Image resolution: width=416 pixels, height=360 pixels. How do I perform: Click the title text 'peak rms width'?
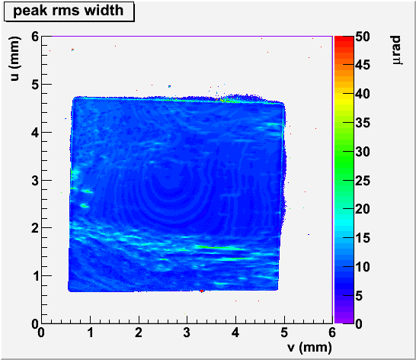pyautogui.click(x=68, y=11)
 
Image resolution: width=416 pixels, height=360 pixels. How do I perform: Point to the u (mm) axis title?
pyautogui.click(x=15, y=59)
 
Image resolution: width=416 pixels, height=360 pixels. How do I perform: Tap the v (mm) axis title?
pyautogui.click(x=309, y=347)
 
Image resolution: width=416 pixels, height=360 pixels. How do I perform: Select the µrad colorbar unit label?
pyautogui.click(x=397, y=50)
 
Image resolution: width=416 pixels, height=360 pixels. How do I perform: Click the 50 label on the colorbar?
pyautogui.click(x=363, y=37)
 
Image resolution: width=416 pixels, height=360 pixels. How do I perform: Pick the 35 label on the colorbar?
pyautogui.click(x=363, y=123)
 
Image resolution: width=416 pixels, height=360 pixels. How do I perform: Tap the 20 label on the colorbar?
pyautogui.click(x=363, y=209)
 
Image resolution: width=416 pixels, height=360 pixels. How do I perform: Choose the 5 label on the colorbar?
pyautogui.click(x=359, y=295)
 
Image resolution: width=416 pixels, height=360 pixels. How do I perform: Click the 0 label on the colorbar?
pyautogui.click(x=359, y=324)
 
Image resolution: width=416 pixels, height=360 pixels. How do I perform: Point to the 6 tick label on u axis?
pyautogui.click(x=35, y=37)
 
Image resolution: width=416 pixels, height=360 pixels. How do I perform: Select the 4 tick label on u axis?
pyautogui.click(x=35, y=132)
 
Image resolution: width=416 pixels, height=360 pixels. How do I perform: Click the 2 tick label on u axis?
pyautogui.click(x=35, y=228)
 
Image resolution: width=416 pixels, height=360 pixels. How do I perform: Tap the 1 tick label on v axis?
pyautogui.click(x=91, y=333)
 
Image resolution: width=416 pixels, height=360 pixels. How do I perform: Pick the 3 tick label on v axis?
pyautogui.click(x=187, y=333)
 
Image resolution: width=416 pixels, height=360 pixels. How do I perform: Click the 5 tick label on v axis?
pyautogui.click(x=284, y=333)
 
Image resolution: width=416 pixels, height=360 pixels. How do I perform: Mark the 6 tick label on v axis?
pyautogui.click(x=332, y=333)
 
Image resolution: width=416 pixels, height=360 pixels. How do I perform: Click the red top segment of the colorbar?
pyautogui.click(x=344, y=39)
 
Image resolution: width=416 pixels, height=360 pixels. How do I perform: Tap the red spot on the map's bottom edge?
pyautogui.click(x=202, y=291)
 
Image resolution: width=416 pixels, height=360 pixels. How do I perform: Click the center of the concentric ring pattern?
pyautogui.click(x=168, y=186)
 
